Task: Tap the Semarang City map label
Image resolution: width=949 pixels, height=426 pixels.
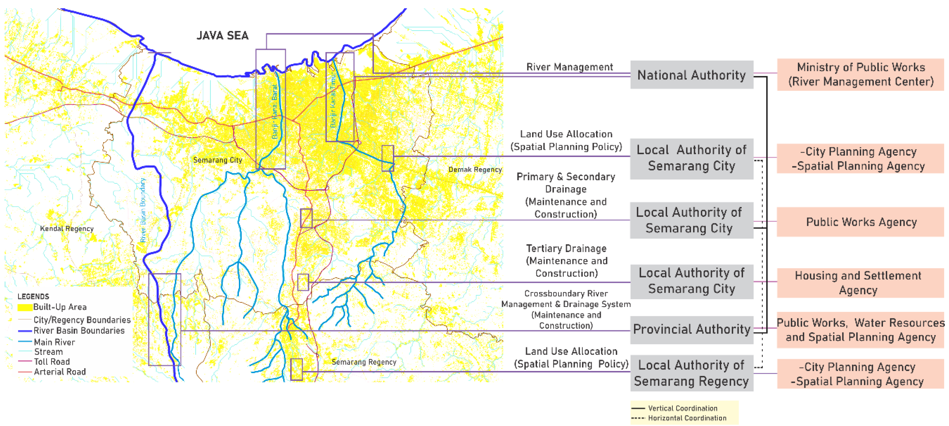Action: click(217, 160)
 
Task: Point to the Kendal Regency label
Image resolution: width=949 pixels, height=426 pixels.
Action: click(67, 229)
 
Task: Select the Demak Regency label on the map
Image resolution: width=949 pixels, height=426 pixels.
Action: click(475, 170)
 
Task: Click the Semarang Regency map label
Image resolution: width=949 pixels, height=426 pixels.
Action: click(364, 362)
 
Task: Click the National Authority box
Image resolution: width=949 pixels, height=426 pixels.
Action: click(692, 75)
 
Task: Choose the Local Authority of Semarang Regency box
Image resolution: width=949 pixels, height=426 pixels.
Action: click(692, 373)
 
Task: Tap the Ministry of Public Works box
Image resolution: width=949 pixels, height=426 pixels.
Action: click(860, 75)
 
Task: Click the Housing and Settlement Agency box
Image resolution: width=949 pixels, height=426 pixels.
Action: click(860, 283)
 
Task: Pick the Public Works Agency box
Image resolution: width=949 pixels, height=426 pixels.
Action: click(860, 222)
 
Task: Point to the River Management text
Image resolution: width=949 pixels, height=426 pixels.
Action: click(570, 67)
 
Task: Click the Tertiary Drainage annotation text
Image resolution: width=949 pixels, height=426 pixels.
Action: click(566, 261)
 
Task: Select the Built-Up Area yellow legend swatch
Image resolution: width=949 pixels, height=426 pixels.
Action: click(25, 307)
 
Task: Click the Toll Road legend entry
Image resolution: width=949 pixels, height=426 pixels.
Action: click(52, 362)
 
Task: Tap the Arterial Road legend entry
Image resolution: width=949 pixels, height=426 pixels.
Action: click(59, 372)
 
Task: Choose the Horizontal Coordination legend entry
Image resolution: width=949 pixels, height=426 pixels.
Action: click(687, 418)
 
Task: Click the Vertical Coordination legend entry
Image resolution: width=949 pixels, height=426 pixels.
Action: click(682, 408)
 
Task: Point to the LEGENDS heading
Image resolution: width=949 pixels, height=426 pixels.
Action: click(33, 297)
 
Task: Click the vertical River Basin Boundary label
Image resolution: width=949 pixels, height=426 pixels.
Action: click(143, 210)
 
